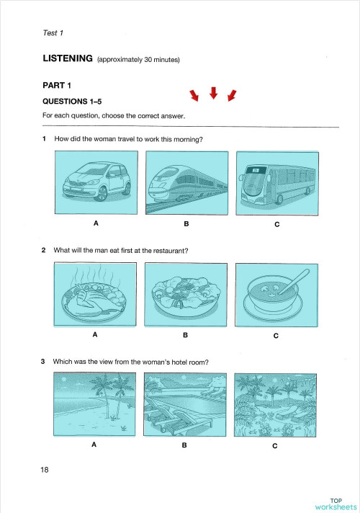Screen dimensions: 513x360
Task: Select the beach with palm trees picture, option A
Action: tap(95, 404)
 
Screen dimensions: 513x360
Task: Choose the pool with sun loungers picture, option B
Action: tap(186, 404)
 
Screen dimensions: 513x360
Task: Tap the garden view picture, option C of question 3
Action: tap(276, 404)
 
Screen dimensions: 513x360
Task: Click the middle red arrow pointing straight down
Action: tap(213, 92)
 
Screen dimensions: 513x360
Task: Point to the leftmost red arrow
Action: tap(193, 96)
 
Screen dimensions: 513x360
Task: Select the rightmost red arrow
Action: tap(232, 96)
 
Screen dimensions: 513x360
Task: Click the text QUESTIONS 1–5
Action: tap(73, 102)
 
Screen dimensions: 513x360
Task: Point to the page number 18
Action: tap(45, 470)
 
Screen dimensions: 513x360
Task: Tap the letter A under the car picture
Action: tap(95, 224)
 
